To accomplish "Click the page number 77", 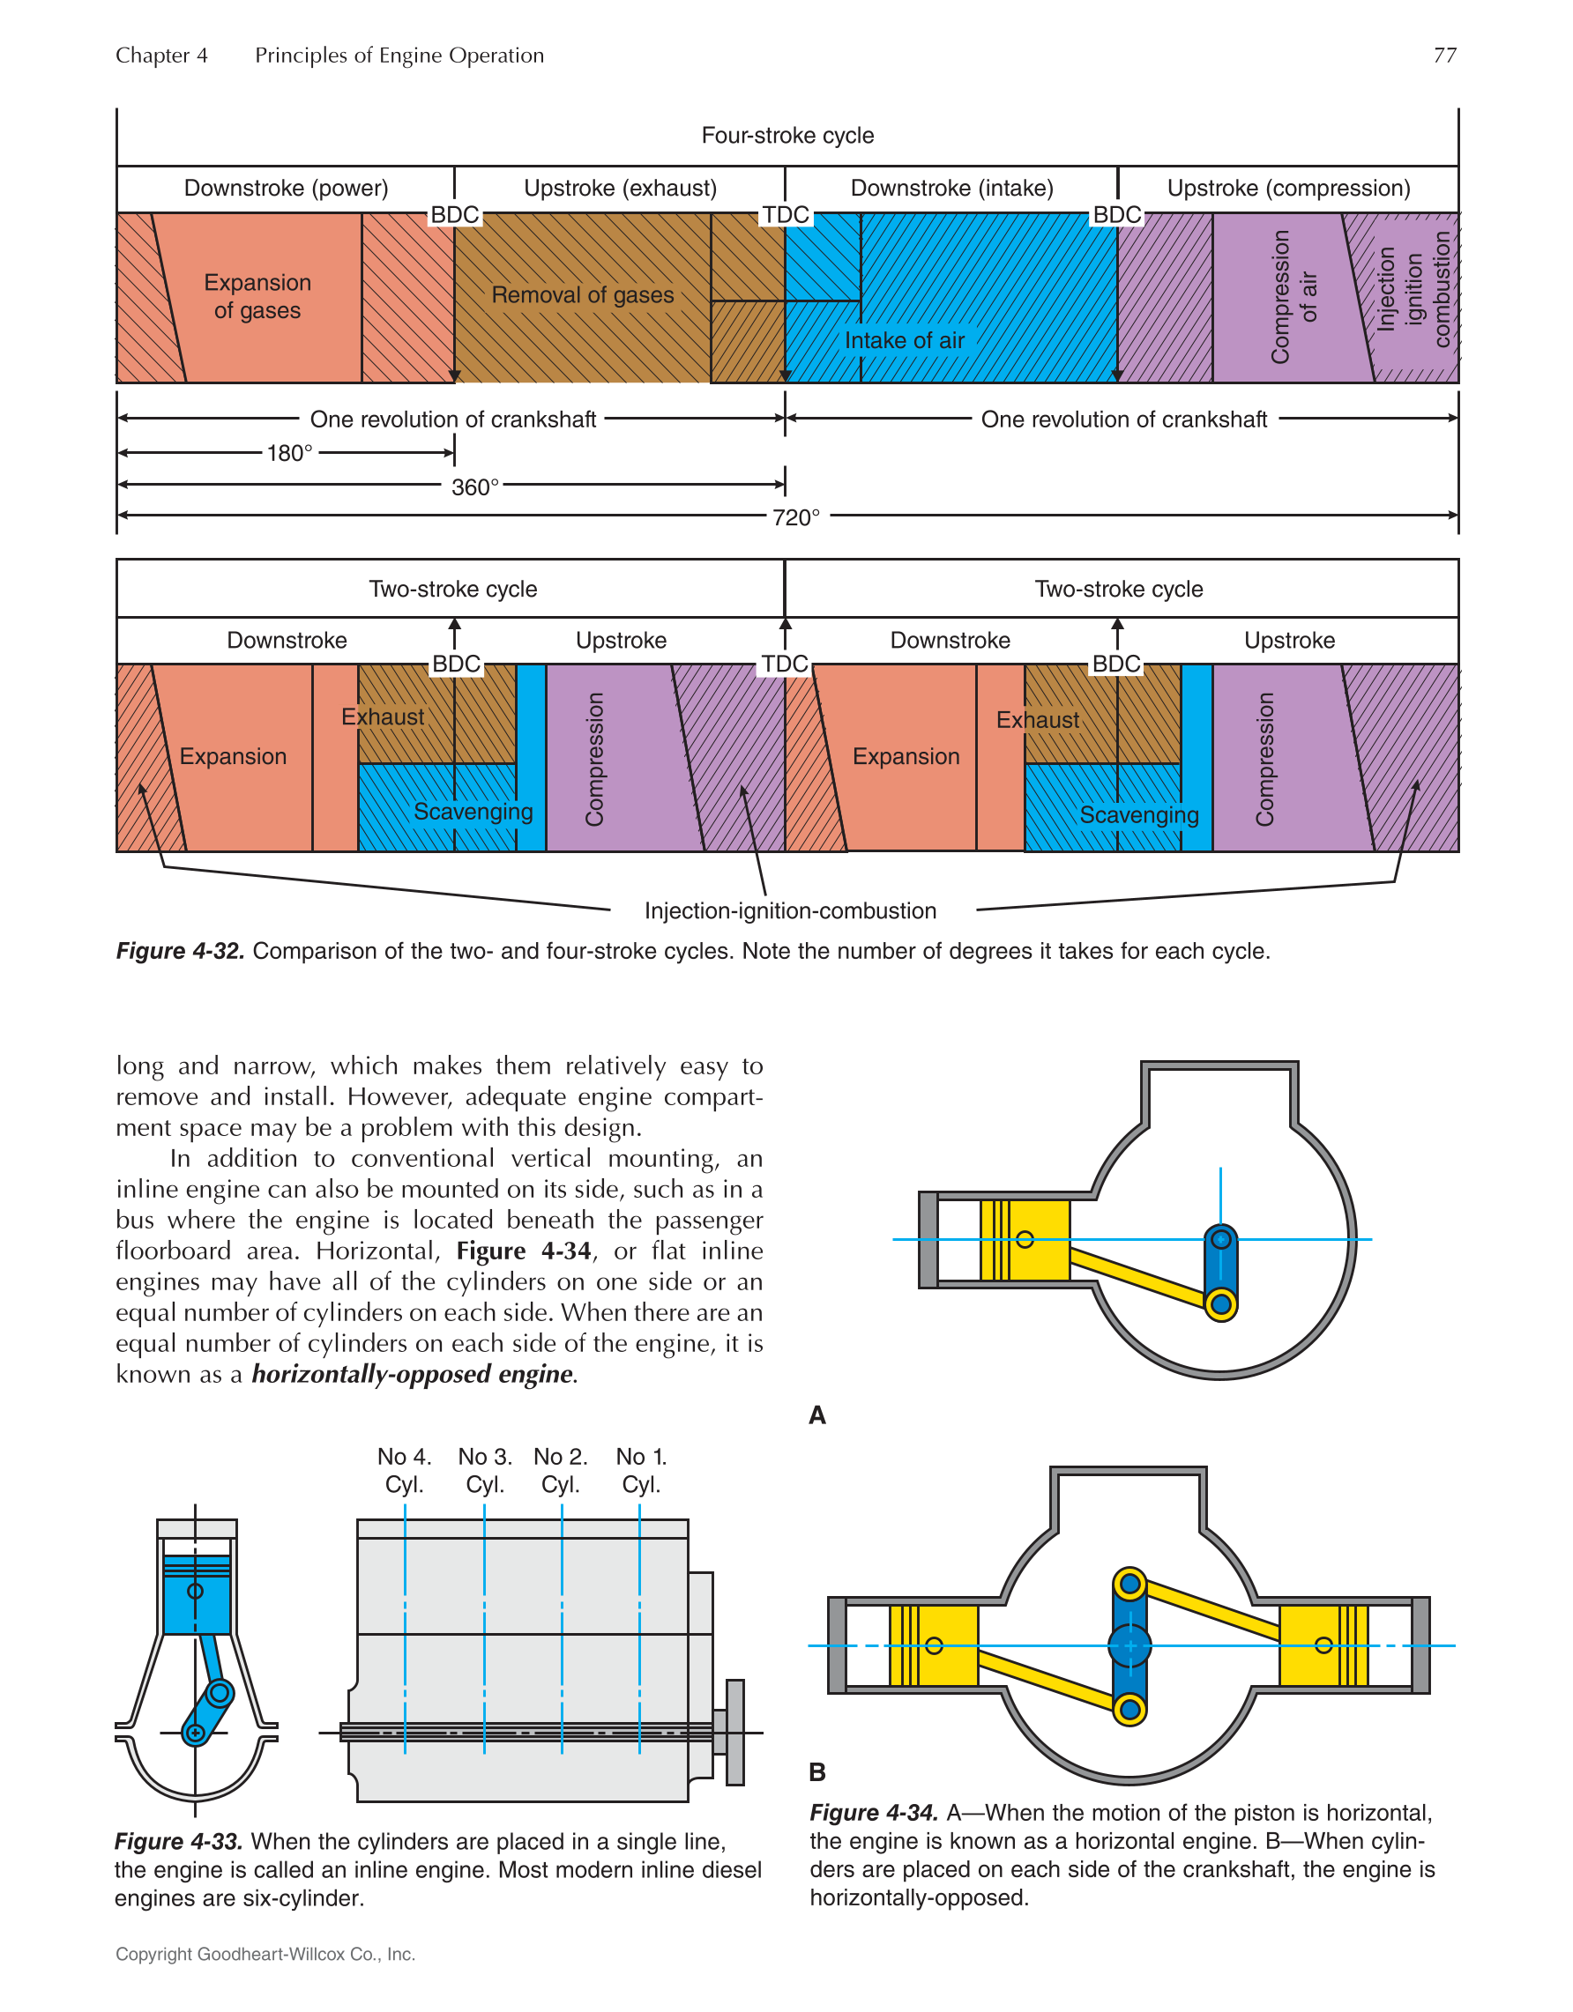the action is (1444, 56).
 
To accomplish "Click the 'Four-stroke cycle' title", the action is (787, 136).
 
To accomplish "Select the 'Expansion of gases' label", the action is (257, 296).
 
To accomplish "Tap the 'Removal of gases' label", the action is (583, 295).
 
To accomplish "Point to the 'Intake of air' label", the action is (904, 340).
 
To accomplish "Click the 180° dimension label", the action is (289, 453).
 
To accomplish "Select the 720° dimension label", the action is (796, 517).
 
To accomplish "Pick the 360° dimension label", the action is (474, 486).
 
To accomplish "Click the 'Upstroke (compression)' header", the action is (1288, 188).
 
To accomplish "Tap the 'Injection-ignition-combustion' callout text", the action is (790, 910).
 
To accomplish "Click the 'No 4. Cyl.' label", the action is (404, 1470).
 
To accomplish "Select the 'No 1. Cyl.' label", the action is (640, 1470).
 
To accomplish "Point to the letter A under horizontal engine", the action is (817, 1415).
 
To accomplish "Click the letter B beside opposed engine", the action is (817, 1771).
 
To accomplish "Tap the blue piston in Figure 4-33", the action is (197, 1594).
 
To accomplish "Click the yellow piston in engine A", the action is (1025, 1239).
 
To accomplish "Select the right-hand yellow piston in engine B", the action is (1323, 1645).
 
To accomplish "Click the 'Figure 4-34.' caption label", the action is (874, 1813).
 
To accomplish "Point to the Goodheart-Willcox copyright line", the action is (265, 1954).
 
